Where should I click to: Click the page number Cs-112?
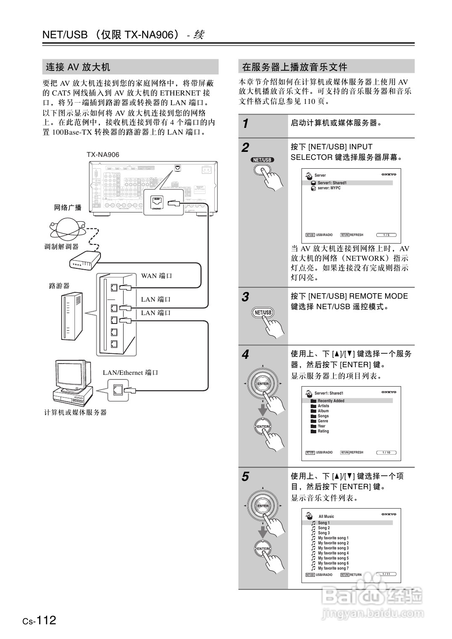[40, 620]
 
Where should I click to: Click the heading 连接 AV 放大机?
[78, 67]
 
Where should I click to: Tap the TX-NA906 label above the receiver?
[103, 155]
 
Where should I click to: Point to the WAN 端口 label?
[156, 276]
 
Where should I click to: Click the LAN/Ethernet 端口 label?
[130, 373]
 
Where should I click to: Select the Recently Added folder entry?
[330, 401]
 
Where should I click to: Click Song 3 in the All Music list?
[323, 533]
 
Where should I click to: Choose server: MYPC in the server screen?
[329, 188]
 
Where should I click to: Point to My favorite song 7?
[333, 568]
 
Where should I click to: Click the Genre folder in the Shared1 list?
[322, 421]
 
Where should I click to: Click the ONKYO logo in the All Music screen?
[389, 514]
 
